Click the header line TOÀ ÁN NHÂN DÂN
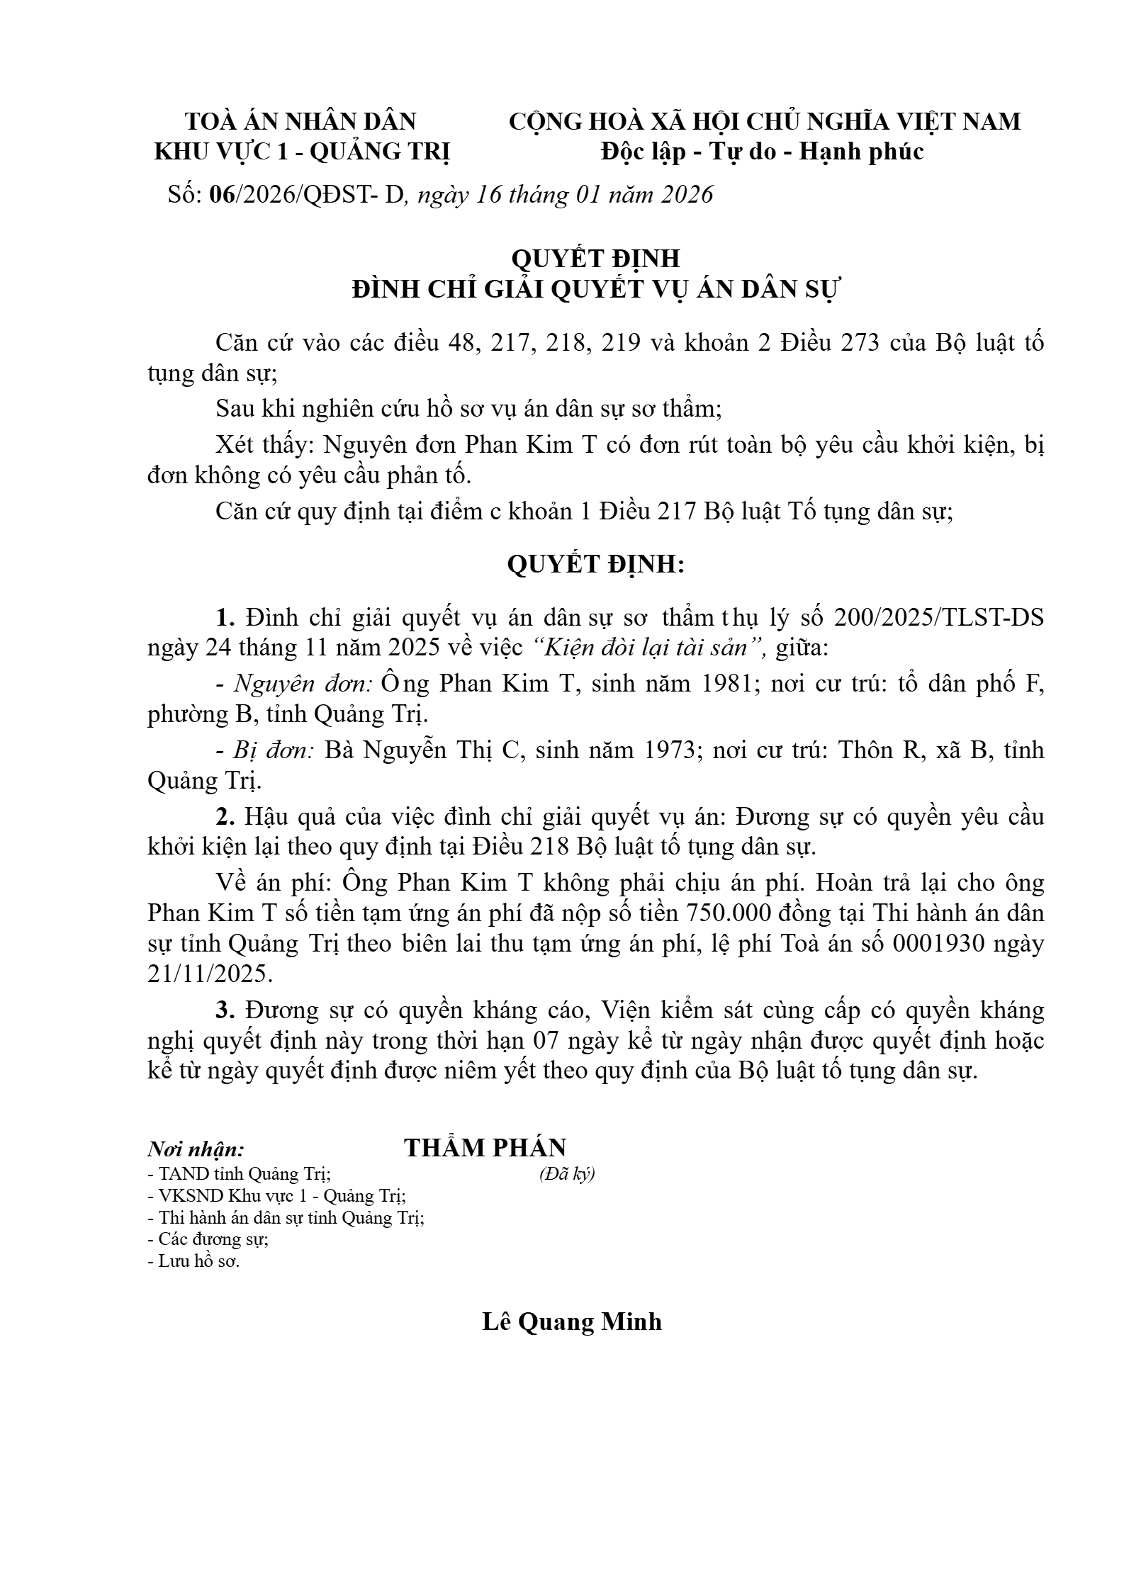300,122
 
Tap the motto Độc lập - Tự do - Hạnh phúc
762,152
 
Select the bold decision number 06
222,195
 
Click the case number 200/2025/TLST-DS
939,618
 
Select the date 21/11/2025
209,974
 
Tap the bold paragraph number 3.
225,1010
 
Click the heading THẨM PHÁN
485,1149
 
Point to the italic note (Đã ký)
566,1175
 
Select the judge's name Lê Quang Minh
572,1322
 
